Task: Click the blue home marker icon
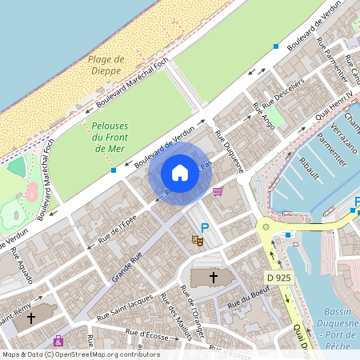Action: [180, 172]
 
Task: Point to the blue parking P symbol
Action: [205, 229]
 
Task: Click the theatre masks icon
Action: [196, 239]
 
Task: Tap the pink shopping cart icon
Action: [218, 191]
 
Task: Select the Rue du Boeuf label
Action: [245, 304]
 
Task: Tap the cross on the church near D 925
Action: [213, 278]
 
